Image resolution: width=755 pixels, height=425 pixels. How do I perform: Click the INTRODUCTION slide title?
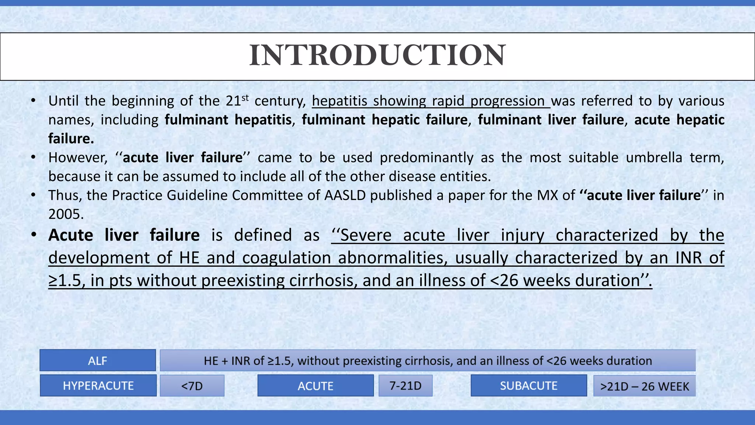pos(377,55)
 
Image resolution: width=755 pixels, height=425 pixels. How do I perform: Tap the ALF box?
pos(98,360)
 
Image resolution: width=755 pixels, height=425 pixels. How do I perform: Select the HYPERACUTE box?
pos(98,386)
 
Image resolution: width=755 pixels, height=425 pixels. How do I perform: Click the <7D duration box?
pos(192,386)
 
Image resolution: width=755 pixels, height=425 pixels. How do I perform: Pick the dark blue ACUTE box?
pos(316,386)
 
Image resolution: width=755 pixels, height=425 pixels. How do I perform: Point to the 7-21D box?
pos(406,386)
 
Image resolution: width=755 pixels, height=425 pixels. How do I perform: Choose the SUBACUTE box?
pos(529,386)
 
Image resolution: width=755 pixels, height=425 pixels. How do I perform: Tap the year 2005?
pos(66,214)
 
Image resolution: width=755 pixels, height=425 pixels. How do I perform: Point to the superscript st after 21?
pos(245,97)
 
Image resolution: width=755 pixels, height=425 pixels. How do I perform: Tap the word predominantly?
pos(427,158)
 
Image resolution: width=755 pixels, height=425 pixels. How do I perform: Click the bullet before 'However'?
pos(33,158)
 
